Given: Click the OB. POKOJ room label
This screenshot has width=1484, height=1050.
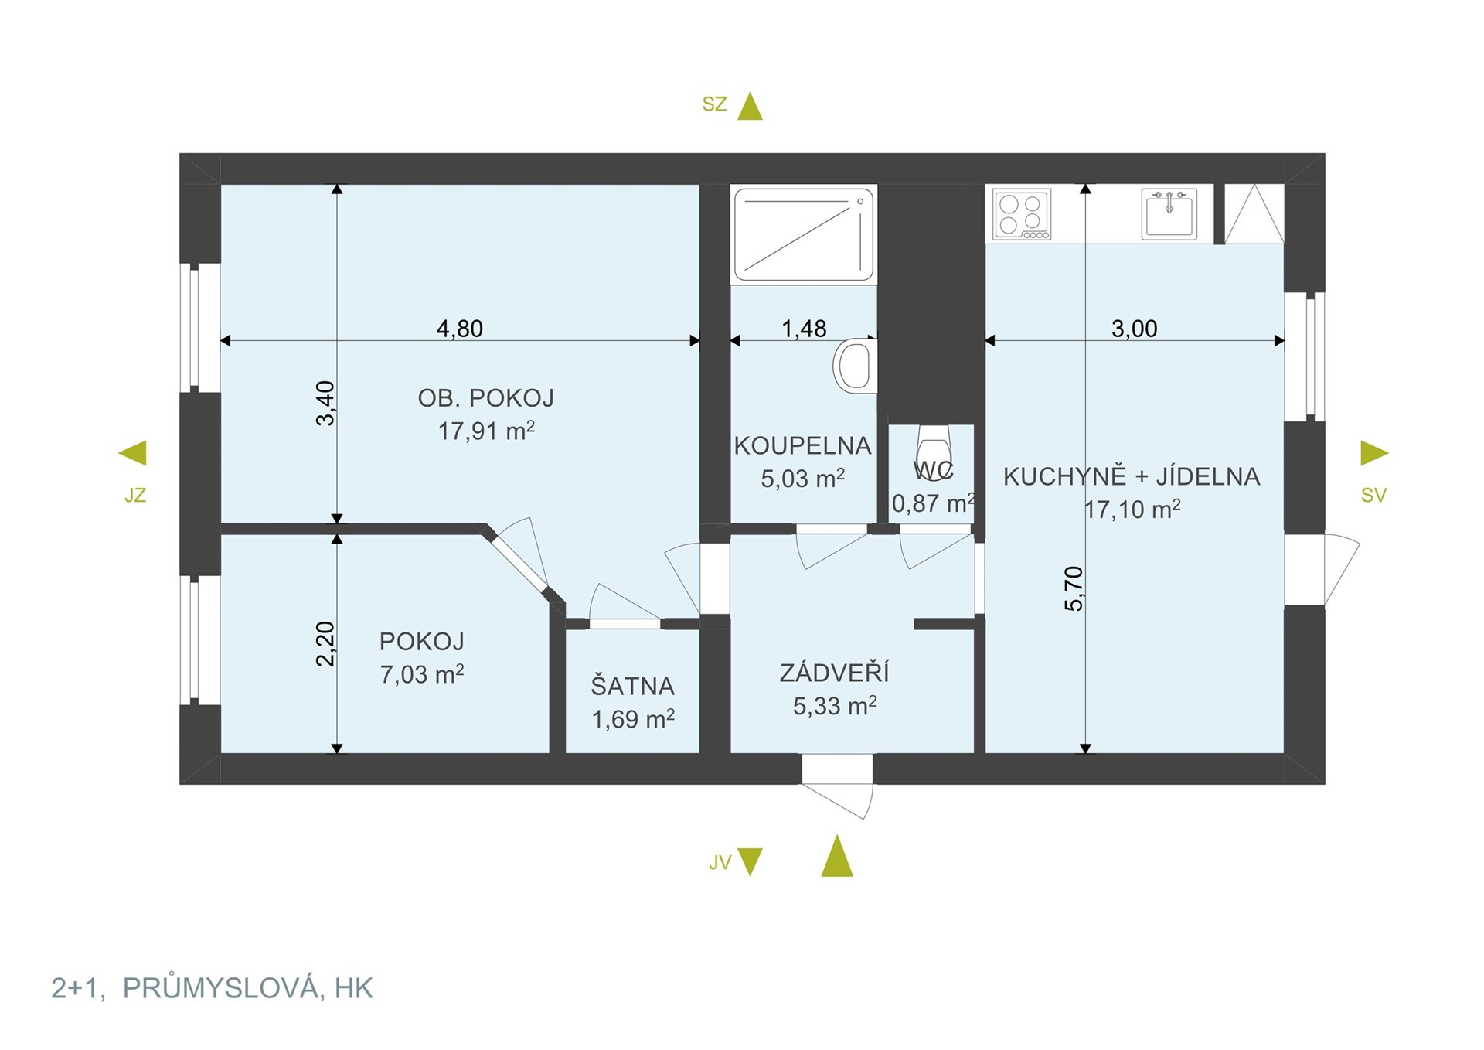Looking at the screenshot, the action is click(486, 398).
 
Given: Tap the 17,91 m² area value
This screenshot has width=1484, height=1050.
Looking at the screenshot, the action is click(486, 431).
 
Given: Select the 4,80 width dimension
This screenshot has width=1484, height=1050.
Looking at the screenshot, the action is click(460, 329).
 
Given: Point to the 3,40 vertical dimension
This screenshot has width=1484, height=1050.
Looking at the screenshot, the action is click(325, 403).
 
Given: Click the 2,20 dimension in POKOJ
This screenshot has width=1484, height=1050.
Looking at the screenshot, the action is click(325, 643).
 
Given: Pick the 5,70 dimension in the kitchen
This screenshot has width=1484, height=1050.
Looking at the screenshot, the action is click(1074, 588).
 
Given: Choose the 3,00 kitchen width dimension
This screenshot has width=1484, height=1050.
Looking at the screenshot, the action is click(1135, 329).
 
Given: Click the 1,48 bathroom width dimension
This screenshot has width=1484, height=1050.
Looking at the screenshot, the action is click(804, 329).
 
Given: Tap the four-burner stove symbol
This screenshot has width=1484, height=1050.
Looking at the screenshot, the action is click(1022, 214).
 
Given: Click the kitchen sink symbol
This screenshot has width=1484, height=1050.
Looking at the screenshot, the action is click(1169, 213).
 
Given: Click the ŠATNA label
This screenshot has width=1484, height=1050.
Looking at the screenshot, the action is click(633, 687).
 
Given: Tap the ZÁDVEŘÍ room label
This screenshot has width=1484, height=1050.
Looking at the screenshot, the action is click(835, 672).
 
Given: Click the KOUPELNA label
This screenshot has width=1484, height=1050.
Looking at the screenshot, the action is click(803, 446).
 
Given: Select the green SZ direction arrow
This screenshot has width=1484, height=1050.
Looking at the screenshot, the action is click(750, 107).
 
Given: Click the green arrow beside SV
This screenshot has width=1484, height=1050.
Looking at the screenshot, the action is click(1373, 453).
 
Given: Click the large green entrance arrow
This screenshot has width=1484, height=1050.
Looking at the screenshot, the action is click(837, 856).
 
